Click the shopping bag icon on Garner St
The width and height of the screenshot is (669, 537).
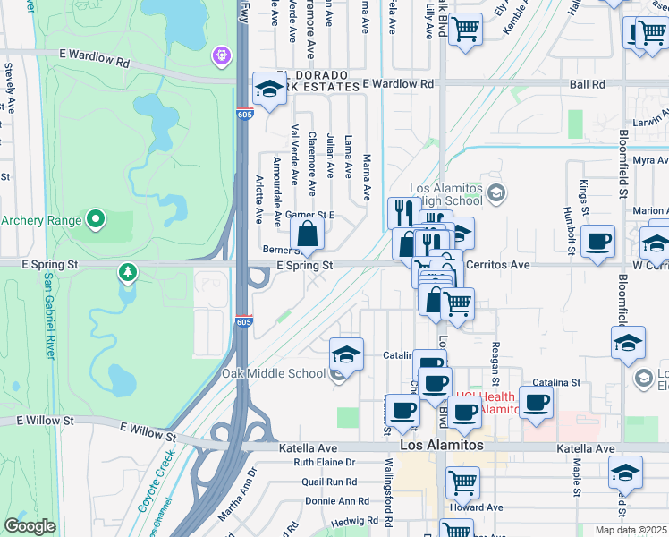point(307,235)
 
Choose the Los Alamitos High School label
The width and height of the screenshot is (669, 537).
point(446,194)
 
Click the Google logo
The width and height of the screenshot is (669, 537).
point(30,526)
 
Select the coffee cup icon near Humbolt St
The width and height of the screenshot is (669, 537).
point(597,241)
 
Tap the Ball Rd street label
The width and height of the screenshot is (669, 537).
point(586,84)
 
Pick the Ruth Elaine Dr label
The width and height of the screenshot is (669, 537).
point(325,463)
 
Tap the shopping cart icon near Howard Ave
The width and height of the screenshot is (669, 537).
point(463,483)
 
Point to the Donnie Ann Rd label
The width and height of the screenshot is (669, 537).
point(336,501)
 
